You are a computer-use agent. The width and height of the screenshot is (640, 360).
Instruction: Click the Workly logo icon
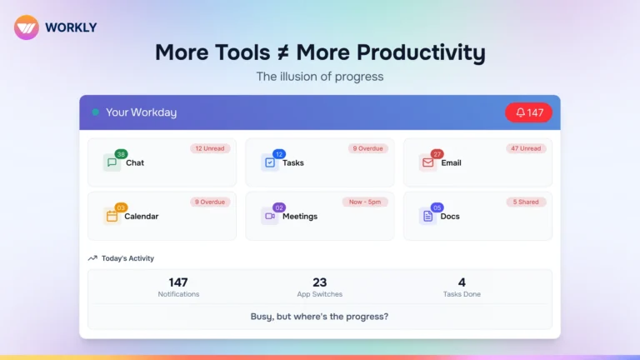[x=27, y=27]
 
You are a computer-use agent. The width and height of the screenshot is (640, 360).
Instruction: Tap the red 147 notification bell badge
[x=528, y=112]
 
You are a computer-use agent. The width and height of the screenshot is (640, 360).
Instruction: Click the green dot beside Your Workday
[x=96, y=112]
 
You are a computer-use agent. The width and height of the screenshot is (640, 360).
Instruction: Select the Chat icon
[x=112, y=163]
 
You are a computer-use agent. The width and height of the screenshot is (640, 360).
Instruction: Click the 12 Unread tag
[x=209, y=148]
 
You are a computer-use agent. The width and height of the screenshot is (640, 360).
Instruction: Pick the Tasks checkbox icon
[x=269, y=163]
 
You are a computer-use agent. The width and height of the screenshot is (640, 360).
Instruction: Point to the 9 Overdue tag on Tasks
[x=367, y=148]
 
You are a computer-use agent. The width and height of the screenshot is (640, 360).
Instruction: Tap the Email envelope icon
[x=427, y=163]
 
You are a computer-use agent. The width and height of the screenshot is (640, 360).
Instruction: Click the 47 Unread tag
[x=525, y=148]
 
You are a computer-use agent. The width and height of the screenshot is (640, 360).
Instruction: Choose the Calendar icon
[x=112, y=217]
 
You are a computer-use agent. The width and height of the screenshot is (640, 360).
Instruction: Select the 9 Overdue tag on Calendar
[x=209, y=202]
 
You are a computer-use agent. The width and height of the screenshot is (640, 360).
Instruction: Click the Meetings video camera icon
[x=269, y=217]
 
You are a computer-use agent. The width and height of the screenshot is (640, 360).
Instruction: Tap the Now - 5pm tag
[x=364, y=202]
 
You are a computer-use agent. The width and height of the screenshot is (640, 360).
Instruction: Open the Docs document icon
[x=427, y=217]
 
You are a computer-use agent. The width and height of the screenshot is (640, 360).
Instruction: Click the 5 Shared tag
[x=526, y=202]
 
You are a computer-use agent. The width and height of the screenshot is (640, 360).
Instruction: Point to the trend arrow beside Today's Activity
[x=92, y=258]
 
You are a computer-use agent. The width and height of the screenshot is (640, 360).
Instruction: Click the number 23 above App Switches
[x=320, y=282]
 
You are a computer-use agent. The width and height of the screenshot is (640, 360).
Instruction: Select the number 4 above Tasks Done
[x=462, y=282]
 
